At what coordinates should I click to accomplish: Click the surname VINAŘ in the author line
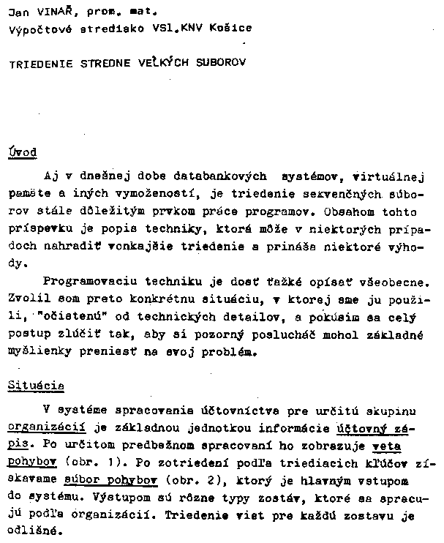point(49,11)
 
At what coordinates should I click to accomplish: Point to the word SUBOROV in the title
point(221,63)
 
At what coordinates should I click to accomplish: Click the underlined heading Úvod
point(22,152)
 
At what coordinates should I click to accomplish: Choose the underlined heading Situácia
point(36,386)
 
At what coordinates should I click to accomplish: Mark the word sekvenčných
point(349,195)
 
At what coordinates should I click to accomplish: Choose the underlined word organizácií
point(41,427)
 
